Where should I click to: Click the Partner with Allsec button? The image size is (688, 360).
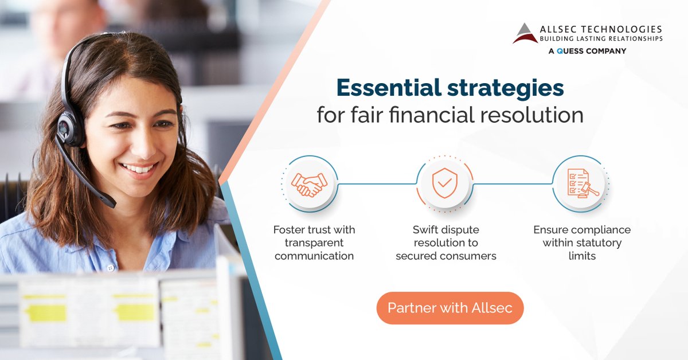[x=449, y=308]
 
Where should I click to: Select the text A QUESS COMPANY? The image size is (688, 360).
[x=586, y=51]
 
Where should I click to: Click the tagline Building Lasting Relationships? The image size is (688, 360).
[x=601, y=38]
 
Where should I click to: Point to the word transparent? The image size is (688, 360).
[x=314, y=242]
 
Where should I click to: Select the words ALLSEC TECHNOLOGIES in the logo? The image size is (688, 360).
[x=601, y=29]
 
